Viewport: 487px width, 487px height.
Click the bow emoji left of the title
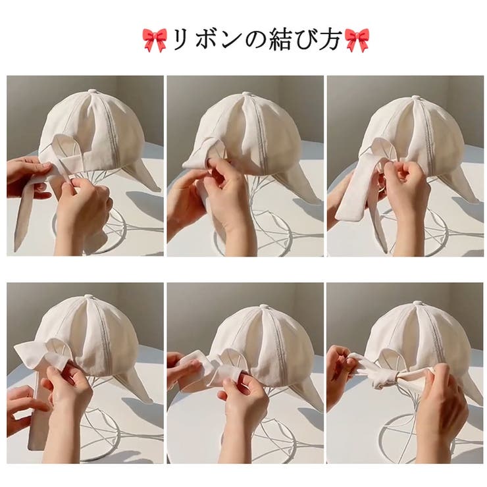pos(155,40)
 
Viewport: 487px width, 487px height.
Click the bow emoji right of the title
pos(357,40)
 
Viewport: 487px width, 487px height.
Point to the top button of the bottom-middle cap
pos(265,307)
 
